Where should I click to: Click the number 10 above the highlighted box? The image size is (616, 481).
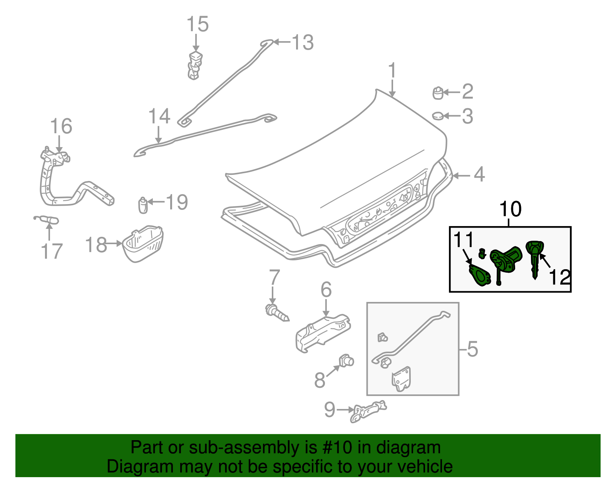point(510,209)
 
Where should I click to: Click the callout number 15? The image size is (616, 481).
point(198,24)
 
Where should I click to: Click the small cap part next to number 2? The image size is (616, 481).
point(438,93)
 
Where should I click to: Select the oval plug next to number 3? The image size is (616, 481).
point(438,116)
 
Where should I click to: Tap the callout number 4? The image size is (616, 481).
point(479,174)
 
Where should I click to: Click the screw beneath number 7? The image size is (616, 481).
point(276,312)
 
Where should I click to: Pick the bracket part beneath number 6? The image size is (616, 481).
point(323,332)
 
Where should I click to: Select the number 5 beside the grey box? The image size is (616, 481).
point(472,349)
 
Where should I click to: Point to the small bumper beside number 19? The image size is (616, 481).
point(142,205)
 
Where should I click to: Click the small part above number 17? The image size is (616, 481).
point(46,220)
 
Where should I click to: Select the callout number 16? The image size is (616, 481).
point(61,126)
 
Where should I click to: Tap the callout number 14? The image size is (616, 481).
point(159,116)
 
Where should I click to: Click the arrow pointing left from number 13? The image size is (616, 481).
point(282,42)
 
